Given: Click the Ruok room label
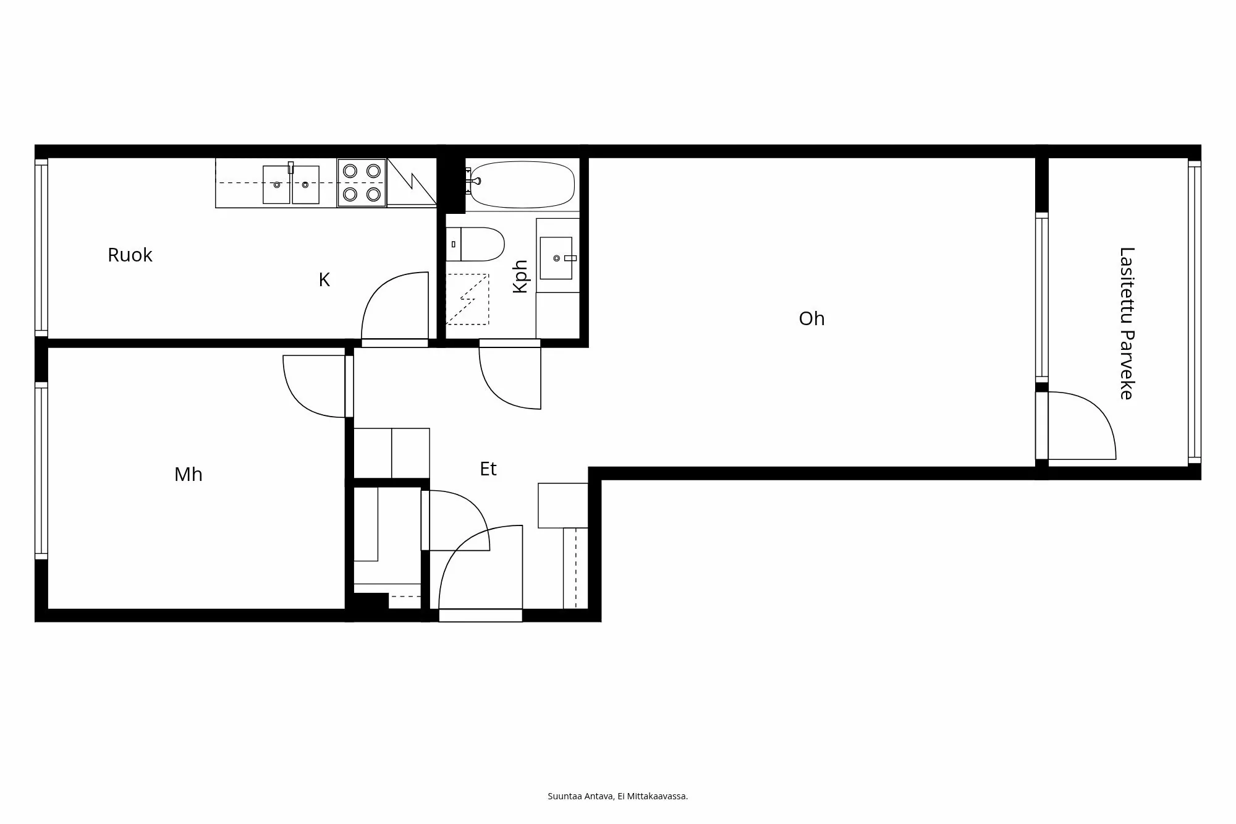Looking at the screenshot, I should tap(130, 255).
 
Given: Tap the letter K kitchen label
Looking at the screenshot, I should tap(324, 280).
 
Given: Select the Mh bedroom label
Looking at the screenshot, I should tap(188, 474).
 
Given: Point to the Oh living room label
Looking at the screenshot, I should tap(811, 318).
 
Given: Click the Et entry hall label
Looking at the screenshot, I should tap(488, 469).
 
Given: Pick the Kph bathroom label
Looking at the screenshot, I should tap(521, 276).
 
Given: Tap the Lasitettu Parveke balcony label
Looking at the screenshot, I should tap(1127, 323).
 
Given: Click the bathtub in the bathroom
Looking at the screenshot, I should tap(523, 184).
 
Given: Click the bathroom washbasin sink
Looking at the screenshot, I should tap(556, 258).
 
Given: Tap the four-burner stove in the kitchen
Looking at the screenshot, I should tap(362, 182).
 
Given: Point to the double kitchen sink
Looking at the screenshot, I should tap(291, 184).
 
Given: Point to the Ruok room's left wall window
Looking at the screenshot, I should tap(41, 247).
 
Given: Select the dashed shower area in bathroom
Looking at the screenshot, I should tap(467, 299).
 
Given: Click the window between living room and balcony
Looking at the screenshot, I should tap(1042, 297).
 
